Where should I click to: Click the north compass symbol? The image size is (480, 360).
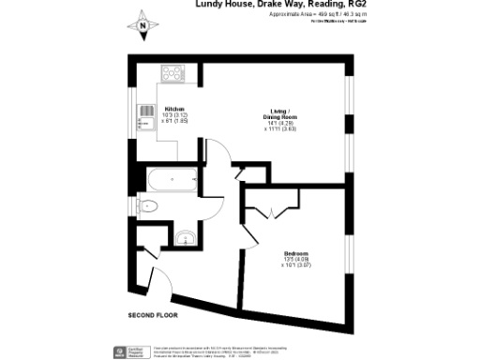pos(142,25)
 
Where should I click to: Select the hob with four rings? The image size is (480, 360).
pos(174,72)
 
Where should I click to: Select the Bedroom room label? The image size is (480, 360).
pos(296,251)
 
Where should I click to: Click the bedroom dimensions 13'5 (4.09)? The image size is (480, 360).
pos(296,259)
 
